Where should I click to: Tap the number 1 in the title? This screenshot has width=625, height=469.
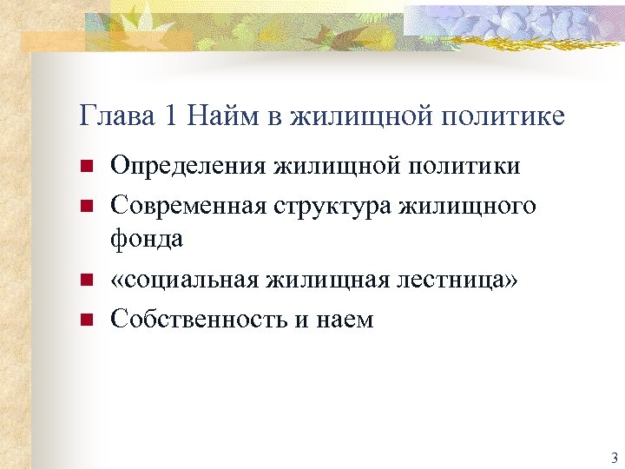pos(171,116)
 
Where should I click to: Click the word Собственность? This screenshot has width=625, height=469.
pos(197,320)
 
